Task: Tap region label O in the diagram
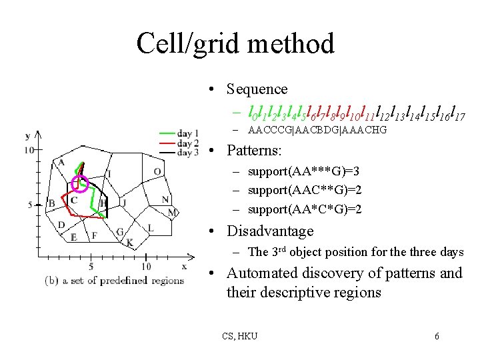click(157, 171)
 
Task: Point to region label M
click(172, 213)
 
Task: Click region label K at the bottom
click(129, 242)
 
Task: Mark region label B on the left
click(51, 203)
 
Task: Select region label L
click(150, 227)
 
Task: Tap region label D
click(61, 225)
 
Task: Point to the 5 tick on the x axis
click(90, 267)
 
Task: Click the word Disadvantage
click(270, 231)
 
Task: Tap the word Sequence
click(257, 89)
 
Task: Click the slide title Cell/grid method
click(235, 44)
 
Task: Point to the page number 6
click(437, 336)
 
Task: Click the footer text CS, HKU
click(240, 336)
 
